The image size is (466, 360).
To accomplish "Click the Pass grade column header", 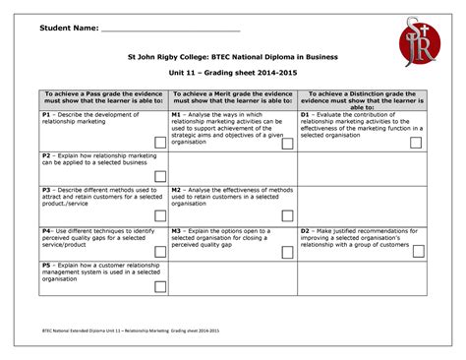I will pos(102,99).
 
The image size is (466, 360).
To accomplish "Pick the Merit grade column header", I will pos(232,99).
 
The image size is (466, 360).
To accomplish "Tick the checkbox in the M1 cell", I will pos(286,143).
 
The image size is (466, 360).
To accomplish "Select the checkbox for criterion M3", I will pos(286,249).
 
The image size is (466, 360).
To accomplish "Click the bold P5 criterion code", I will pos(46,265).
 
